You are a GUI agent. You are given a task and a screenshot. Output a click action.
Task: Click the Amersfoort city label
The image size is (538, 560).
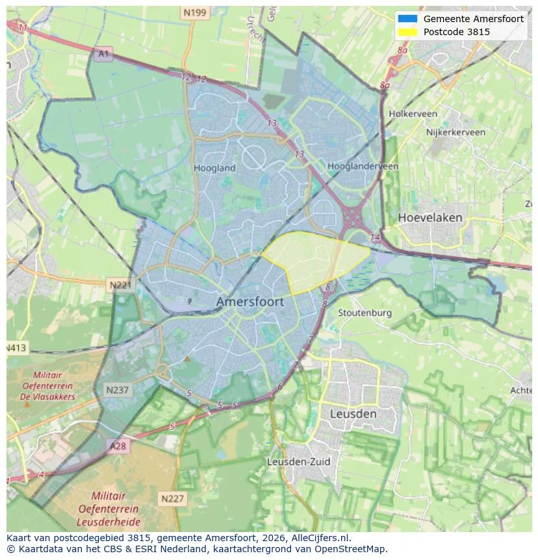pos(250,302)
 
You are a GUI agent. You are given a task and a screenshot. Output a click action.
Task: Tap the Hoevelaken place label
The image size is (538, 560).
pos(430,217)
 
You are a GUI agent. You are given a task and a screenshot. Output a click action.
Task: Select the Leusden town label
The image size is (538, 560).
pos(353,414)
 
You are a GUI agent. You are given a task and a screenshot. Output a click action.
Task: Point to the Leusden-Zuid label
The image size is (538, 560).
pos(299,461)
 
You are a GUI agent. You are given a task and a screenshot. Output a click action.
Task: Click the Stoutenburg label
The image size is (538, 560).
pos(365,313)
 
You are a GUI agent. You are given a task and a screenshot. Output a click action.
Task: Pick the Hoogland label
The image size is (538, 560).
pos(214,168)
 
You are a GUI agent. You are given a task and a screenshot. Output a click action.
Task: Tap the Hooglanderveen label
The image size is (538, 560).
pos(363,167)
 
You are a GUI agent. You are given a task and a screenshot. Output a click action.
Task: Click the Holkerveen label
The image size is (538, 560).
pos(413,114)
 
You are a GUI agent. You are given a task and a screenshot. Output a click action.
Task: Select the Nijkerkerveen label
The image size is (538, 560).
pos(455,132)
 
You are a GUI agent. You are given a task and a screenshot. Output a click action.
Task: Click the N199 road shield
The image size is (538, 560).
pos(195,12)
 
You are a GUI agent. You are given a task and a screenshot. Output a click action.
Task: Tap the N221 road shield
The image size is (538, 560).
pos(120,285)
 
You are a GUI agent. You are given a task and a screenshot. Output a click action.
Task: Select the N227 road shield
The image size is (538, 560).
pos(172,499)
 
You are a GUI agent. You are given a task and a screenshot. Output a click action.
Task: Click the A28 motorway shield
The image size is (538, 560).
pos(118,446)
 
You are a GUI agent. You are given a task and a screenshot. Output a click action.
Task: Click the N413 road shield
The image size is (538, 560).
pos(16,348)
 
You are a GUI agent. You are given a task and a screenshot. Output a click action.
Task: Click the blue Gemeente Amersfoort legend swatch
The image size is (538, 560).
pos(407,19)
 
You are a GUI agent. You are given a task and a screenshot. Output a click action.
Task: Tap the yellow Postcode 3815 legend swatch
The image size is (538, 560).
pos(407,31)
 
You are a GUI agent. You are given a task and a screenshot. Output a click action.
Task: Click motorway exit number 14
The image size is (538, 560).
pos(374,238)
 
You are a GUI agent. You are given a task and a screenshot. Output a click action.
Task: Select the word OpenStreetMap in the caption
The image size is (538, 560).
pos(353,549)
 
